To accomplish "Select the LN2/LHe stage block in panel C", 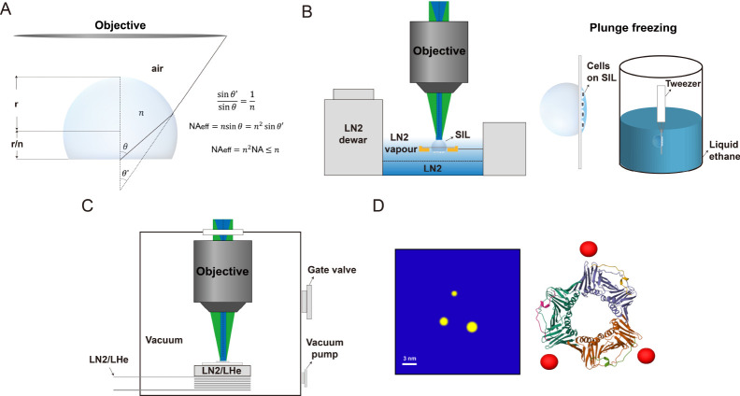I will pos(222,371).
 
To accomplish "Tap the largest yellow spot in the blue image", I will pos(472,326).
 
